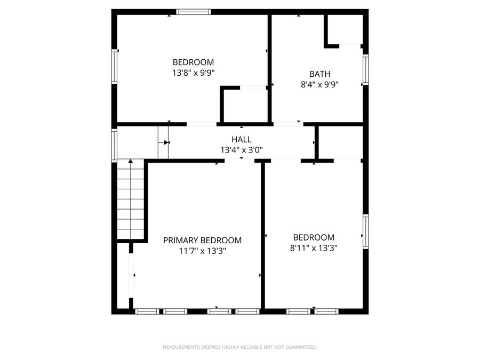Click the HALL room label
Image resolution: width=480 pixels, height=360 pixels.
pos(242,140)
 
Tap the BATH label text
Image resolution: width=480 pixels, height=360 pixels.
pos(319,74)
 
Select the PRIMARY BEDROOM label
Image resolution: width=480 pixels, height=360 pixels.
pos(202,241)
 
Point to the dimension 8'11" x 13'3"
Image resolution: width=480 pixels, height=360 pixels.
pos(314,247)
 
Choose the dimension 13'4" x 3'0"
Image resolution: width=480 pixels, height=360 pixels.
pos(242,150)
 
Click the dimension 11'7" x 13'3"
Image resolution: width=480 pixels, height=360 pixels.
pos(202,251)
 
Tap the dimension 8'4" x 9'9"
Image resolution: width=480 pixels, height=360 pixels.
pos(319,84)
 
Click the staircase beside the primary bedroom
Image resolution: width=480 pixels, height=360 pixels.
pos(131,200)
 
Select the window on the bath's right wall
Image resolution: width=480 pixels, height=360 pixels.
pos(365,70)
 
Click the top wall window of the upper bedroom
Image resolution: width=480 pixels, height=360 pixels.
pos(194,12)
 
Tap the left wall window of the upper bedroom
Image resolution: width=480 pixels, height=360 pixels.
pos(114,66)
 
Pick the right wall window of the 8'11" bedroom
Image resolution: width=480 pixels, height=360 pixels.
pos(365,231)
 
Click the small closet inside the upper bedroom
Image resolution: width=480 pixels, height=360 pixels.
pos(244,105)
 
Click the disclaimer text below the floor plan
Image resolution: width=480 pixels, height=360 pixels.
pos(240,347)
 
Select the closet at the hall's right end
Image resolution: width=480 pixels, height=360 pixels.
pos(340,142)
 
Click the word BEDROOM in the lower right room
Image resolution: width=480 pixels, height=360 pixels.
pos(314,237)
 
